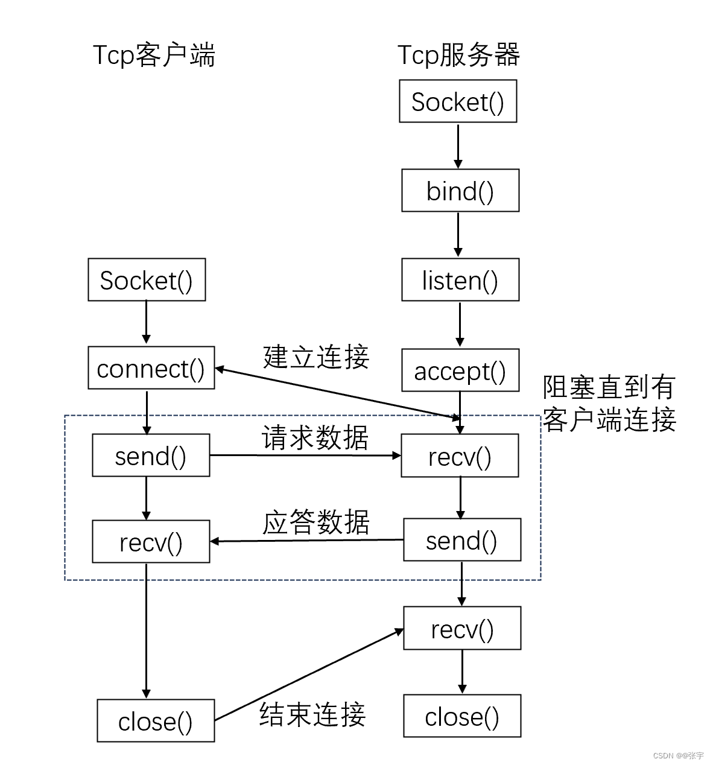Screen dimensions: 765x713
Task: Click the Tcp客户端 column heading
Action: point(154,55)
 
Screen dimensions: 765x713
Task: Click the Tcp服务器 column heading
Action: point(458,55)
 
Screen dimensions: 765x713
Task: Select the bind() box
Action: point(460,191)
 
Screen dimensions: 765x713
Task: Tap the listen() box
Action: point(460,280)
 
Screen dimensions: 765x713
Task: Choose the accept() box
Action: point(460,370)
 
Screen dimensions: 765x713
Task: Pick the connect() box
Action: point(151,368)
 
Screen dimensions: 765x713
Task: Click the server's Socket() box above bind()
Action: point(458,101)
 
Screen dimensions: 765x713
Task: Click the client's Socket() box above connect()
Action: point(147,280)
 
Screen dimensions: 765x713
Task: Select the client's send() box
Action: point(151,456)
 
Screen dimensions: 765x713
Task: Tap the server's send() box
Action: point(461,540)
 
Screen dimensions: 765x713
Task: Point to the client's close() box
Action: point(156,721)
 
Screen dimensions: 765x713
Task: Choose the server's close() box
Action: point(461,716)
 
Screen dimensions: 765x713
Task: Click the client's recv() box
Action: point(151,542)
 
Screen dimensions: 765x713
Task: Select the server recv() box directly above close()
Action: point(461,629)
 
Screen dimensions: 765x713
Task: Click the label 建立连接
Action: point(315,357)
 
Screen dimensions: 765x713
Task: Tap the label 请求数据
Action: point(314,437)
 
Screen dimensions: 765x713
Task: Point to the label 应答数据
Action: point(315,522)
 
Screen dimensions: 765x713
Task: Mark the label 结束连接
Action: point(312,714)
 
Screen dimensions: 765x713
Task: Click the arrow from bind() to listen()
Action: point(458,234)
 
